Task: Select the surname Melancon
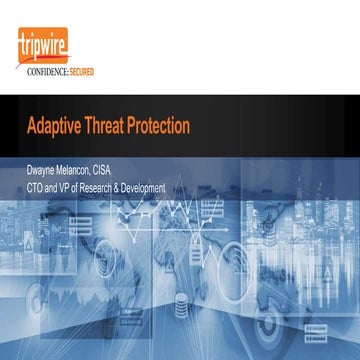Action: pos(84,170)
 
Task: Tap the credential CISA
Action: pos(121,170)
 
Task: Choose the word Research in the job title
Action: pos(109,187)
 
